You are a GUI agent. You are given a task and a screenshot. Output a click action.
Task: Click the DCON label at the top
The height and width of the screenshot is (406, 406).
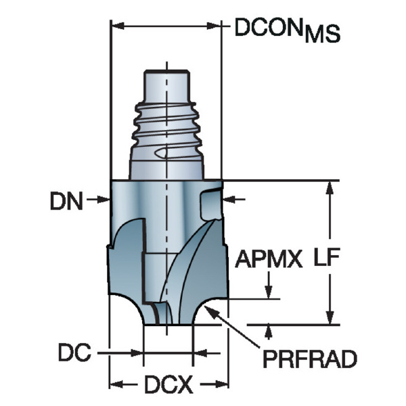[x=269, y=28]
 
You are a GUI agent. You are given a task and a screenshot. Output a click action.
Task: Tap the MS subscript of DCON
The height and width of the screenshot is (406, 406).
[x=322, y=34]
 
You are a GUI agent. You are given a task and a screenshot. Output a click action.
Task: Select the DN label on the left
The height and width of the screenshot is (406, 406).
[x=66, y=201]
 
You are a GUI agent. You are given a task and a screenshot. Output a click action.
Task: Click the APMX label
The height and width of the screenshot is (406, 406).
[x=269, y=259]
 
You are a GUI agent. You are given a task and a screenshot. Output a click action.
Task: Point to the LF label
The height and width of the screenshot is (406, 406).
[x=327, y=257]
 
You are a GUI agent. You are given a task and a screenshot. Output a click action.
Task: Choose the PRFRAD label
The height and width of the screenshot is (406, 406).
[x=310, y=359]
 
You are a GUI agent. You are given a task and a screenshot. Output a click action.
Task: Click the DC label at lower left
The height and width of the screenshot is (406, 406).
[x=74, y=352]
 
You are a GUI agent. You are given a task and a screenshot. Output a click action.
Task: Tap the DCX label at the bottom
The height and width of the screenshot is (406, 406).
[x=168, y=384]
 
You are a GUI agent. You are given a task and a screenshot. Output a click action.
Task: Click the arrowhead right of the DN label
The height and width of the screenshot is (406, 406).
[x=104, y=199]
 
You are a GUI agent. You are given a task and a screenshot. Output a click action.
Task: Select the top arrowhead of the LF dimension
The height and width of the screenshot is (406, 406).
[x=330, y=187]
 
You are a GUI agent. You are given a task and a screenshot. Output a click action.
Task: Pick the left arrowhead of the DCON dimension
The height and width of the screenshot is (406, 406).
[x=118, y=26]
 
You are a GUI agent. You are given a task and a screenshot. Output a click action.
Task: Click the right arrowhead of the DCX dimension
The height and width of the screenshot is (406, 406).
[x=221, y=384]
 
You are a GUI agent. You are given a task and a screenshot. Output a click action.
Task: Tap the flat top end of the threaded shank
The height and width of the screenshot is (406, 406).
[x=166, y=70]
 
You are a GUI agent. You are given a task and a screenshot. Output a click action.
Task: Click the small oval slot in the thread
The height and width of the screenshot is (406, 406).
[x=162, y=153]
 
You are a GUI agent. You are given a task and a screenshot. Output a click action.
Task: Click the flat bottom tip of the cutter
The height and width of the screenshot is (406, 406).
[x=168, y=324]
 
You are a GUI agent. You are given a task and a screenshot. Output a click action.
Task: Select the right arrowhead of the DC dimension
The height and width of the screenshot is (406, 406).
[x=200, y=353]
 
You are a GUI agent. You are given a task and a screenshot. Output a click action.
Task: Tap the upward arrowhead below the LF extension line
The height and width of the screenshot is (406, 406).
[x=269, y=332]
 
